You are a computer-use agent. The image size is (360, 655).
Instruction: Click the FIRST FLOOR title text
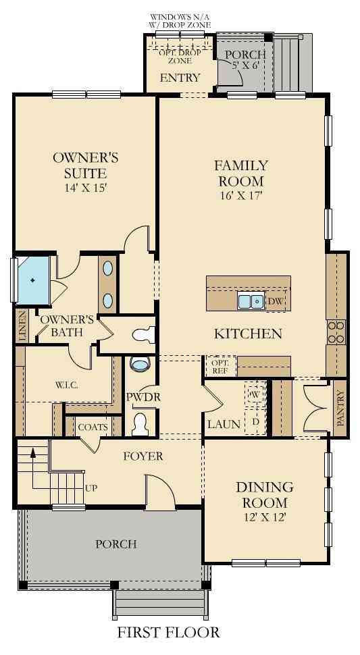pyautogui.click(x=168, y=632)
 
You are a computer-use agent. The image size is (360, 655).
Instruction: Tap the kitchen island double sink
pyautogui.click(x=251, y=301)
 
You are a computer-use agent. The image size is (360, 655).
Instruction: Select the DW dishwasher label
pyautogui.click(x=274, y=300)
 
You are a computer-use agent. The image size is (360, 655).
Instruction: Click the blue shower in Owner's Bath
pyautogui.click(x=33, y=280)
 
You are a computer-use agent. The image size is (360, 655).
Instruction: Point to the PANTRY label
pyautogui.click(x=340, y=408)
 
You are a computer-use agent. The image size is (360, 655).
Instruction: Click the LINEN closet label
pyautogui.click(x=22, y=326)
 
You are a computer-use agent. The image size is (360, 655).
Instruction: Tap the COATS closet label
pyautogui.click(x=93, y=427)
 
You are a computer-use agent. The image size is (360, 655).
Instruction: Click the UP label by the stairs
pyautogui.click(x=91, y=488)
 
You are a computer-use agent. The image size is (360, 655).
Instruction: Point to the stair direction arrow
pyautogui.click(x=32, y=467)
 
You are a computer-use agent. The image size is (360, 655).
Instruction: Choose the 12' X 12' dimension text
pyautogui.click(x=265, y=517)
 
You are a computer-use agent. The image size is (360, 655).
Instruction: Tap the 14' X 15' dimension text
pyautogui.click(x=86, y=188)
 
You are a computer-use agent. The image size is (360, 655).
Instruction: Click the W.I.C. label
pyautogui.click(x=66, y=385)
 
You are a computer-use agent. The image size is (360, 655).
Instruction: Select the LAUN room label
pyautogui.click(x=224, y=425)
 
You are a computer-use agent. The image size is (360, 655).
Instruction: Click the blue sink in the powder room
pyautogui.click(x=140, y=364)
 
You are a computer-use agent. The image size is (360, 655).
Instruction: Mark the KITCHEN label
pyautogui.click(x=248, y=334)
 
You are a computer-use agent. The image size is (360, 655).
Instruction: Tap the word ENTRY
pyautogui.click(x=180, y=78)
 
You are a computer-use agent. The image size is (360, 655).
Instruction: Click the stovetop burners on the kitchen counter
pyautogui.click(x=336, y=332)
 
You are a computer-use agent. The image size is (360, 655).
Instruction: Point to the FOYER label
pyautogui.click(x=143, y=456)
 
